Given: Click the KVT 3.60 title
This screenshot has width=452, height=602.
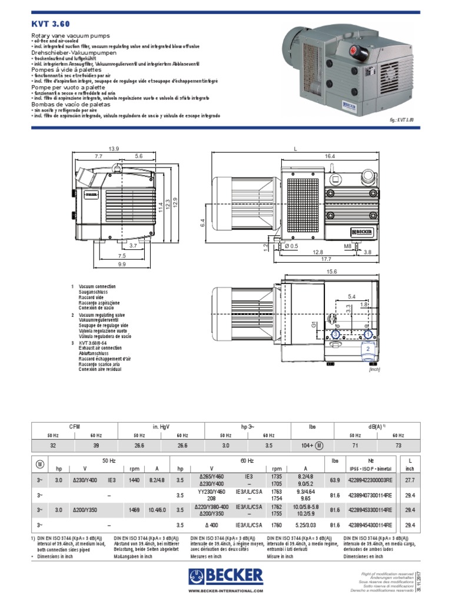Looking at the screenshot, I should (50, 24).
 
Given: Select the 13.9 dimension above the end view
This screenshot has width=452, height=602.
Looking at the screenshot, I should (114, 149).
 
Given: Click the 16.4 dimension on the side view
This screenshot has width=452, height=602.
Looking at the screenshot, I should (329, 156).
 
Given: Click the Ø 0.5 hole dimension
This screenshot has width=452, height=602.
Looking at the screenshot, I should (291, 245).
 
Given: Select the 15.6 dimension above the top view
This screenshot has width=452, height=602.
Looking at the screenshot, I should (331, 271).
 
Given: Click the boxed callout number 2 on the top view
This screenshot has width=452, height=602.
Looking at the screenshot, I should (368, 349).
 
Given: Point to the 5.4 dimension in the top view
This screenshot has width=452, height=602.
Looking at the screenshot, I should (352, 296).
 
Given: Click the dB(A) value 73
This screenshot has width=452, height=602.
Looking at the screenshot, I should (399, 447).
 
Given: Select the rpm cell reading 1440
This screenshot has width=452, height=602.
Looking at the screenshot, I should (134, 480).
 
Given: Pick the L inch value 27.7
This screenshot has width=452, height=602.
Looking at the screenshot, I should (411, 480).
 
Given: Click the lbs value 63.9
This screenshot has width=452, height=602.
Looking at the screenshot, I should (335, 480).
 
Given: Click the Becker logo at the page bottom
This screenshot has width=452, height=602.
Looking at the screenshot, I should (225, 576).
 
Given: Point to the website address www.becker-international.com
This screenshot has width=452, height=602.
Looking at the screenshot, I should (225, 591).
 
